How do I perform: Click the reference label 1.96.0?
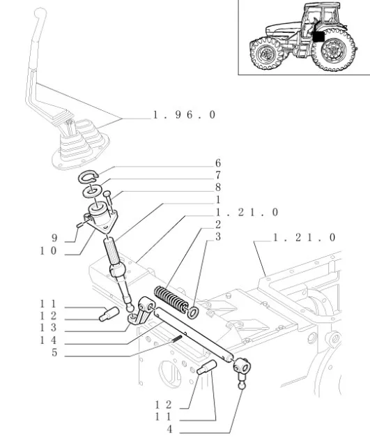coord(185,115)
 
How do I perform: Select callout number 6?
coord(218,163)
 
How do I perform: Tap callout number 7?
coord(218,175)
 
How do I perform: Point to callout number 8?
coord(218,187)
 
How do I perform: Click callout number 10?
coord(49,251)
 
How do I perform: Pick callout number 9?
coord(54,238)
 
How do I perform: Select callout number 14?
coord(49,340)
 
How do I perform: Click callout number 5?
coord(54,352)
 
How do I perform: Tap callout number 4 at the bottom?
coord(169,430)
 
